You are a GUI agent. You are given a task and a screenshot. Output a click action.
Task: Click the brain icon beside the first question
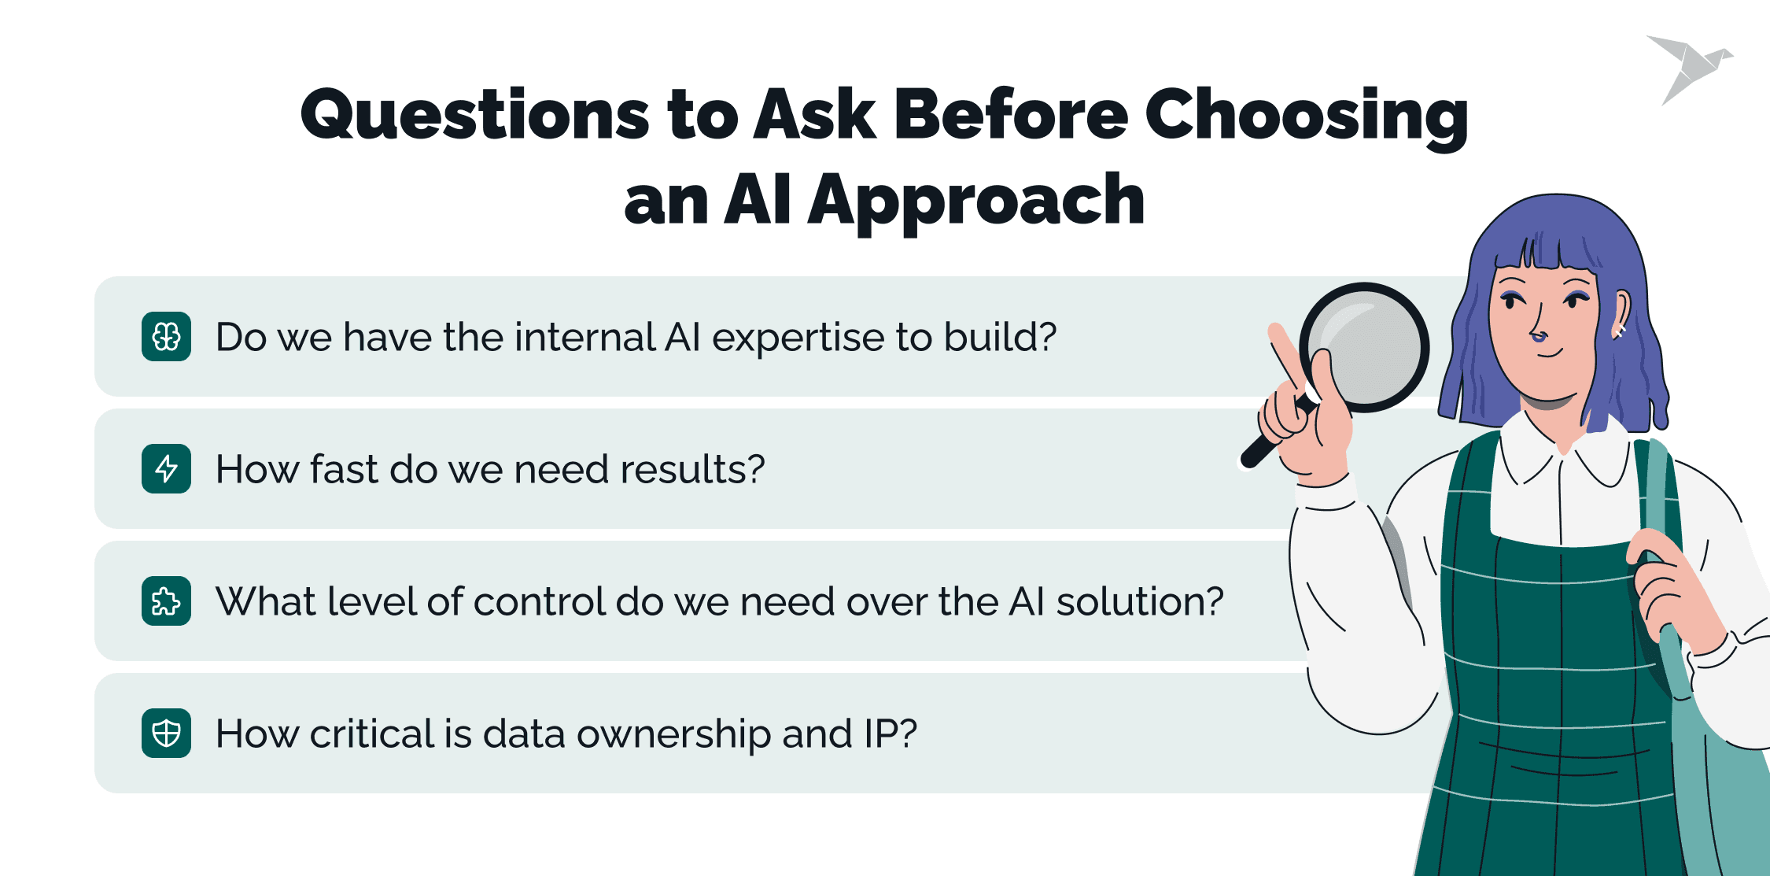(x=166, y=337)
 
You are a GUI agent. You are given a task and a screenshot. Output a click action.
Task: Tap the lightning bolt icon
(x=166, y=469)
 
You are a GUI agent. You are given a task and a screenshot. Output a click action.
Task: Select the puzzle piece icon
(x=166, y=601)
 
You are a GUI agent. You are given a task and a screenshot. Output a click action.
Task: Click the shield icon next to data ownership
(x=166, y=734)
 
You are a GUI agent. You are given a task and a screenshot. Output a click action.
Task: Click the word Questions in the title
(x=475, y=116)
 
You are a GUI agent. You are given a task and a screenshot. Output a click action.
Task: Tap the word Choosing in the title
(x=1306, y=117)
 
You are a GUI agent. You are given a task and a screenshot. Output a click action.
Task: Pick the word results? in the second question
(x=692, y=470)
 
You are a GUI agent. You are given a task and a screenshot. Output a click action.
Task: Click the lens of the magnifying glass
(x=1363, y=347)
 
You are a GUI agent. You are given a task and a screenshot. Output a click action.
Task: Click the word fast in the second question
(x=343, y=469)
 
